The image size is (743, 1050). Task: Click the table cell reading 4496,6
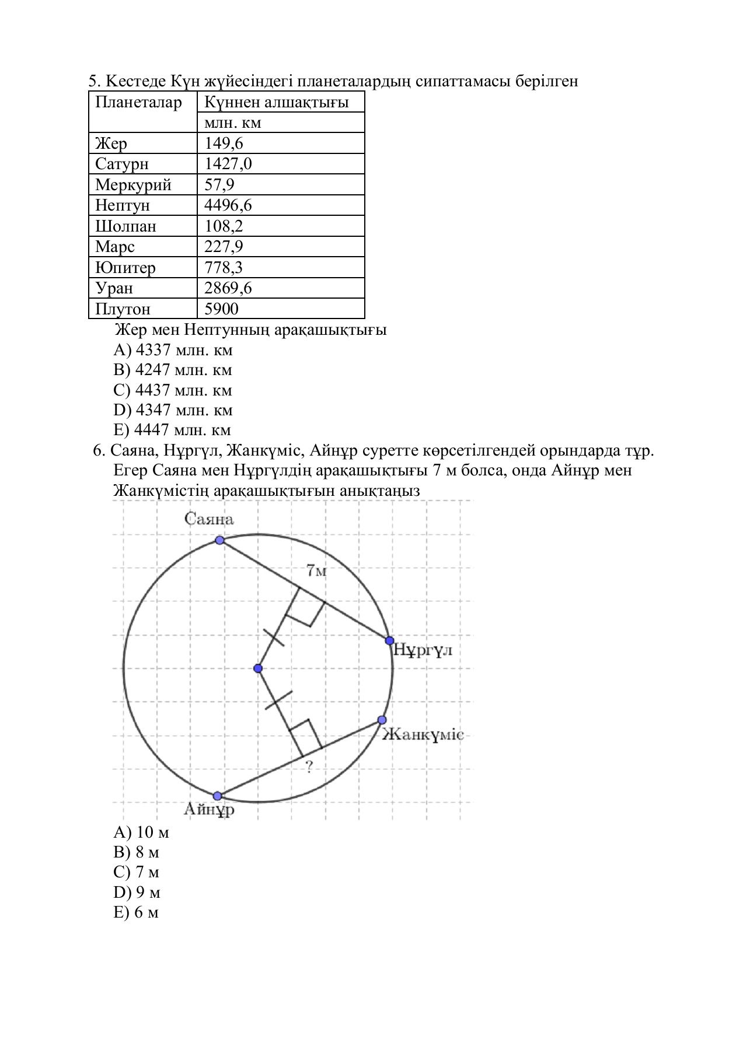pos(228,205)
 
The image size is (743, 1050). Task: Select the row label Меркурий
pos(133,185)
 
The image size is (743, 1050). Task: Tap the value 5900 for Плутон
pos(221,309)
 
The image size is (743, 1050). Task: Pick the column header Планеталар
pos(138,103)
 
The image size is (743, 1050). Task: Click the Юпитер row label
pos(125,268)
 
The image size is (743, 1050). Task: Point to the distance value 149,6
pos(224,143)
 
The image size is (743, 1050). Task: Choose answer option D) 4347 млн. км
pos(173,410)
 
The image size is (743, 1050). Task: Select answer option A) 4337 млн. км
pos(173,350)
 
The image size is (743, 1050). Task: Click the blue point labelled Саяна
pos(219,540)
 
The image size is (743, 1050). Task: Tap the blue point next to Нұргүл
pos(389,640)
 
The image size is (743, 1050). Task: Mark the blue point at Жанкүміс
pos(382,720)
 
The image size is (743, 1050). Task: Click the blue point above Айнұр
pos(217,796)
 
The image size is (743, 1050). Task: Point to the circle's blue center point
pos(258,668)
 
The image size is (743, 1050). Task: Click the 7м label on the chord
pos(316,570)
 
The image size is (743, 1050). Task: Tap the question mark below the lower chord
pos(309,766)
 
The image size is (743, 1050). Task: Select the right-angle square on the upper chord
pos(305,607)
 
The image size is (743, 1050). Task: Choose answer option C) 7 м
pos(136,872)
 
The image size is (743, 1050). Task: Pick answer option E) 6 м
pos(136,912)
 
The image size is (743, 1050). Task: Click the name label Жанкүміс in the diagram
pos(423,735)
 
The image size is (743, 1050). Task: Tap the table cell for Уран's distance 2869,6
pos(228,288)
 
